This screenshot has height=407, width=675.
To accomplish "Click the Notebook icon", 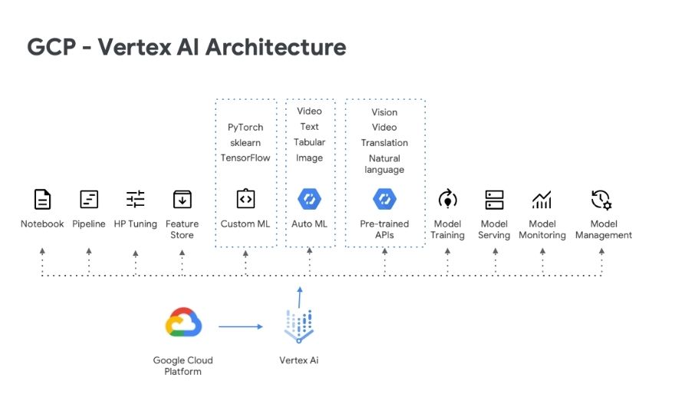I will [43, 200].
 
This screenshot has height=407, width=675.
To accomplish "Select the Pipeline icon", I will [89, 200].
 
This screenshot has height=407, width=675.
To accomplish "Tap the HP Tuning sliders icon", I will [135, 200].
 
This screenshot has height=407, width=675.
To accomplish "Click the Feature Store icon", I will [182, 200].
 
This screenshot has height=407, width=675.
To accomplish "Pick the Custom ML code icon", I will [245, 199].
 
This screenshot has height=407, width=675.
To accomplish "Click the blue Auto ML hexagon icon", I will [309, 200].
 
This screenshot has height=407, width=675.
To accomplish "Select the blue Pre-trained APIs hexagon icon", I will [384, 200].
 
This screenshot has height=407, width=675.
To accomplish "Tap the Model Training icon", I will [447, 200].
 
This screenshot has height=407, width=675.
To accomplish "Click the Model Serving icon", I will [494, 200].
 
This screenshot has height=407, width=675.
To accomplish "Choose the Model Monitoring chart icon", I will [542, 200].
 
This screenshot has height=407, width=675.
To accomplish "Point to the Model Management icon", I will [601, 200].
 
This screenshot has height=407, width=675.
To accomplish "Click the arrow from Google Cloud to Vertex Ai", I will [241, 327].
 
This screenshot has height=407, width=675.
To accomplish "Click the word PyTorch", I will [245, 127].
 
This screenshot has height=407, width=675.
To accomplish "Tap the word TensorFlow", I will [245, 157].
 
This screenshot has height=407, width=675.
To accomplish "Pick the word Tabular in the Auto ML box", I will [309, 142].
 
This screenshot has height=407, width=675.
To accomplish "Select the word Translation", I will [384, 143].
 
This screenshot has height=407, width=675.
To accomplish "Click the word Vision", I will [384, 112].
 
